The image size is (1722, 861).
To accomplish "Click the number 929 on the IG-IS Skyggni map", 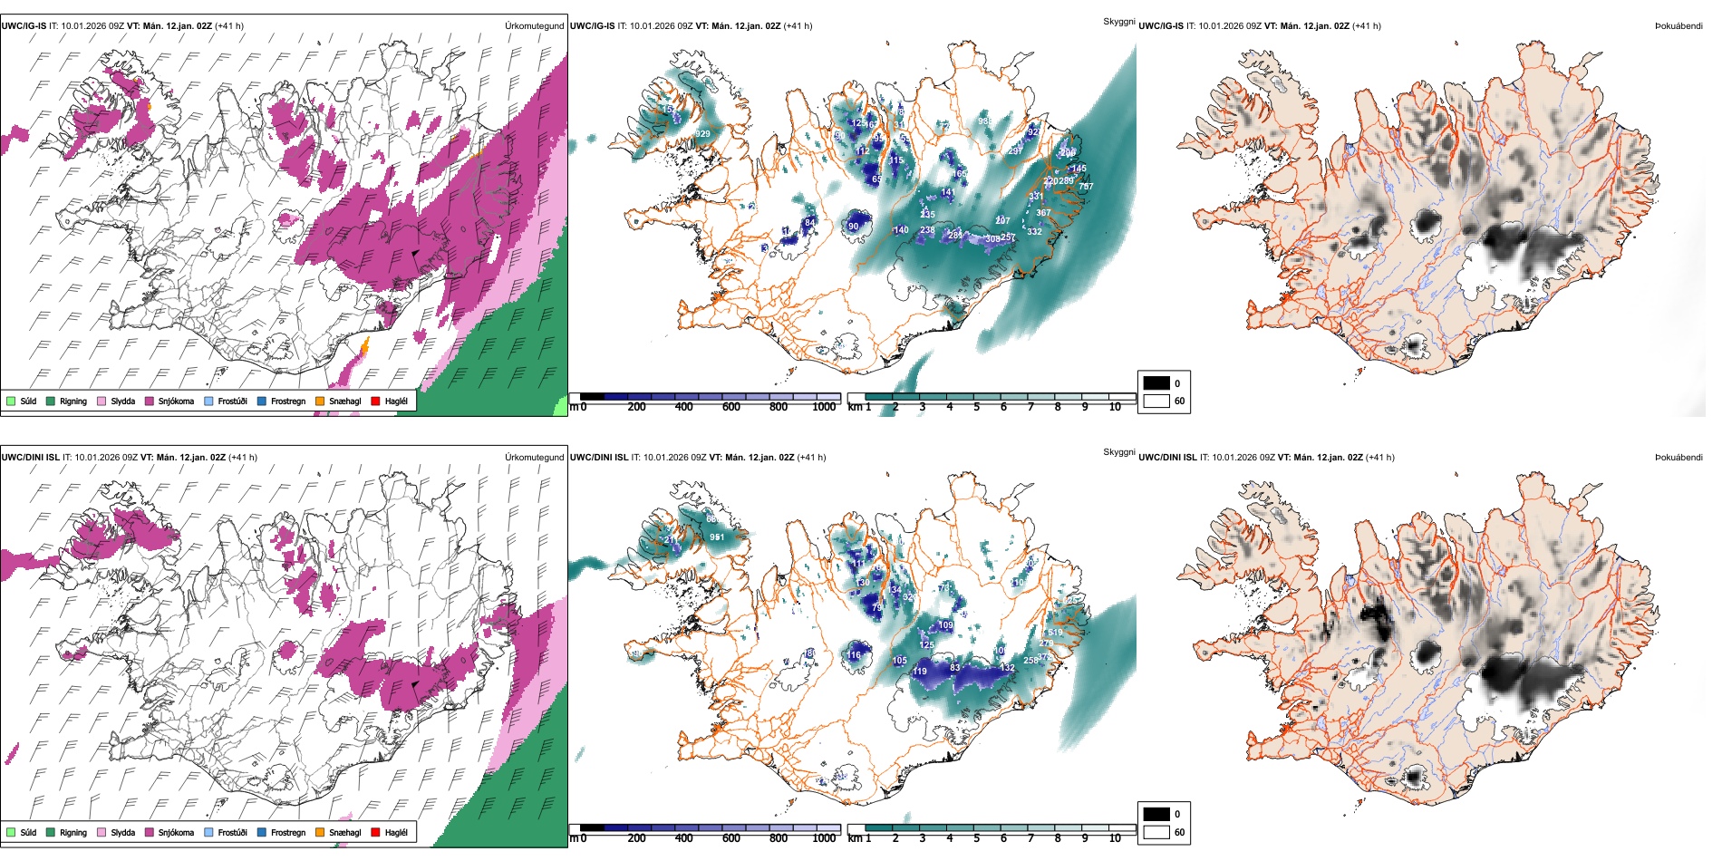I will tap(702, 134).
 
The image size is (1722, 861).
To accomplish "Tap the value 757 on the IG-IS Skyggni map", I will tap(1086, 187).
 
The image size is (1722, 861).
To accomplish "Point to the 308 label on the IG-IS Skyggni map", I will tap(992, 239).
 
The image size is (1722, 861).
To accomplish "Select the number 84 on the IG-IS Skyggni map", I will tap(809, 222).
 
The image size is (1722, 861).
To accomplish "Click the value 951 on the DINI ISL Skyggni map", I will tap(717, 537).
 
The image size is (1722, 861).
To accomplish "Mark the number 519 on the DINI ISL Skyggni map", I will tap(1055, 633).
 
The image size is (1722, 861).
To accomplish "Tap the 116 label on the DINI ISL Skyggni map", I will tap(854, 654).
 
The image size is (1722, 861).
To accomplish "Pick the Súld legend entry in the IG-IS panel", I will tap(22, 401).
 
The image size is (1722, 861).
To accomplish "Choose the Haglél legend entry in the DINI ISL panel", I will tap(389, 832).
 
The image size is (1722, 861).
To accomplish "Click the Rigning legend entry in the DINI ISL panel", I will tap(67, 832).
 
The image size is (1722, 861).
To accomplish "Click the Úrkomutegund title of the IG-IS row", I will tap(534, 25).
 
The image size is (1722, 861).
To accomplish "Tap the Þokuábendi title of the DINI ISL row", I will tap(1678, 457).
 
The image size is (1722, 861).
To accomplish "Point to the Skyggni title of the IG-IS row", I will tap(1118, 21).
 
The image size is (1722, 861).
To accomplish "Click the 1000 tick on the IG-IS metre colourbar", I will tap(824, 407).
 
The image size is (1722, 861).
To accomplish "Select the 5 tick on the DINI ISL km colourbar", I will tap(976, 838).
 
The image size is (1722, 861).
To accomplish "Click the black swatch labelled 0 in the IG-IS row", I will tap(1156, 383).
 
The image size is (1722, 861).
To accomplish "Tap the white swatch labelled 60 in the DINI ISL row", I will tap(1156, 832).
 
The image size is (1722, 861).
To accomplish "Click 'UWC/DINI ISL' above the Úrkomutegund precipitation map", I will tap(30, 457).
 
